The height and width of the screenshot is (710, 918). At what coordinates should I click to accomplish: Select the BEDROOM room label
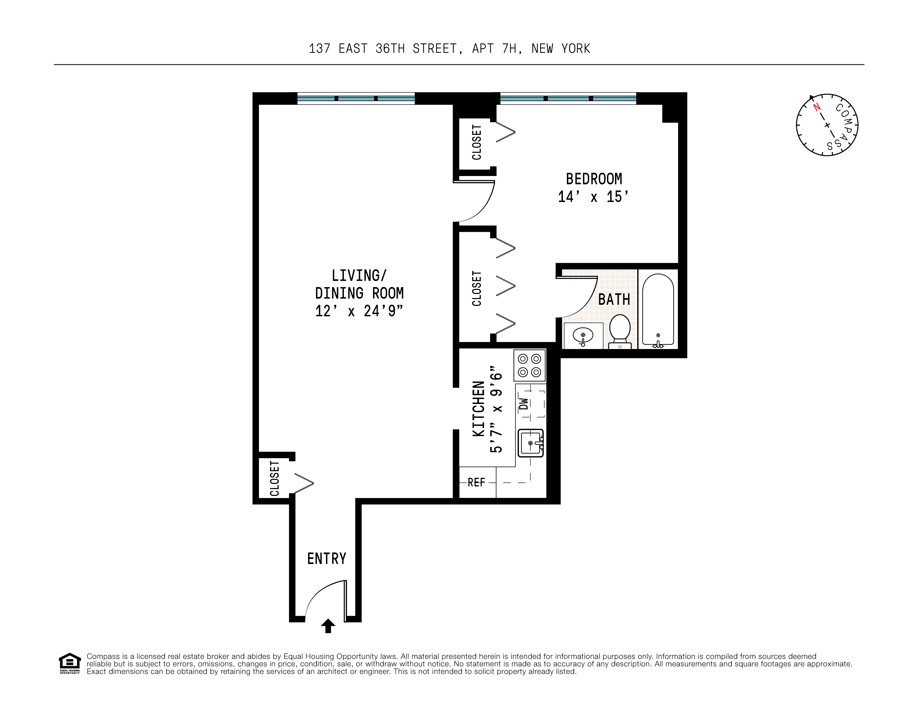593,179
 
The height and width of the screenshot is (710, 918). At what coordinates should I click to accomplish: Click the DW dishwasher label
524,404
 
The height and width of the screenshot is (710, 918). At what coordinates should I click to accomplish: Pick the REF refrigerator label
476,483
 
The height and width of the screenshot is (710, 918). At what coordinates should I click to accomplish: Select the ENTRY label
327,559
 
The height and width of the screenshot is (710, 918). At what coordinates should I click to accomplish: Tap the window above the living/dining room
356,98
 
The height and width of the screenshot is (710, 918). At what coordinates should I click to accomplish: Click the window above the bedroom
568,98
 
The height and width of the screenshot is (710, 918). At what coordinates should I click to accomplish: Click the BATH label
614,299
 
